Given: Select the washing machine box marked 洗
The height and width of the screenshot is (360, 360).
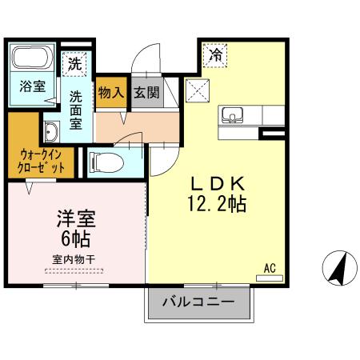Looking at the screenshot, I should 74,63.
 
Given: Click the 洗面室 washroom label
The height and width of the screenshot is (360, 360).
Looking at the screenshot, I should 76,110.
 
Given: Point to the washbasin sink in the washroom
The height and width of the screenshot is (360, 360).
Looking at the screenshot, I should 52,132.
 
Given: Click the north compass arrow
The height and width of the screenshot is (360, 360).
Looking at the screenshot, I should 338,266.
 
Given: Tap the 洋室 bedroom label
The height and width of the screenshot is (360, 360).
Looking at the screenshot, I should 76,216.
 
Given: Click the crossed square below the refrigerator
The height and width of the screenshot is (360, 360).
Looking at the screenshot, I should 196,90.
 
